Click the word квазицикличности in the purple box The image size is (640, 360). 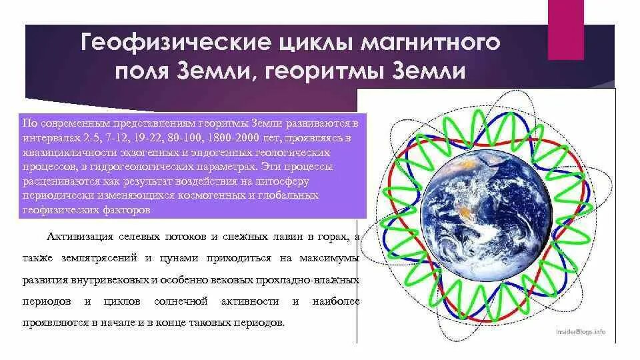point(70,153)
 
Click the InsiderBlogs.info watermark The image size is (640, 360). point(580,331)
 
